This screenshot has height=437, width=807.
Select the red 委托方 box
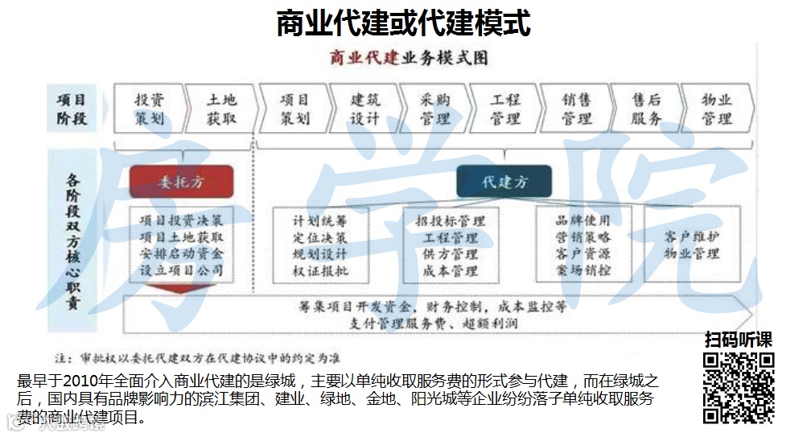point(181,182)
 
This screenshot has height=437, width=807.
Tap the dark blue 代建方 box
point(504,182)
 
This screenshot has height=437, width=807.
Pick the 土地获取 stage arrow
point(221,109)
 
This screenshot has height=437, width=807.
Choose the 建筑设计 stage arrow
point(364,109)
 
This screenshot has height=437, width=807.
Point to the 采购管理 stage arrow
point(434,109)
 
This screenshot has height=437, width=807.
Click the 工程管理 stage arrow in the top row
point(505,109)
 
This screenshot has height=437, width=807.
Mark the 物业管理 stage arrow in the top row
point(716,109)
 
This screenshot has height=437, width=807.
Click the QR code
point(739,388)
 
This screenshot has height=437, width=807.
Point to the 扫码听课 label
point(739,340)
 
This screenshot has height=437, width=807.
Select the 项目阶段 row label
point(72,109)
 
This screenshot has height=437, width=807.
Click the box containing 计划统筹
point(320,245)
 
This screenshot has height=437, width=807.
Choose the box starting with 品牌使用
point(583,245)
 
